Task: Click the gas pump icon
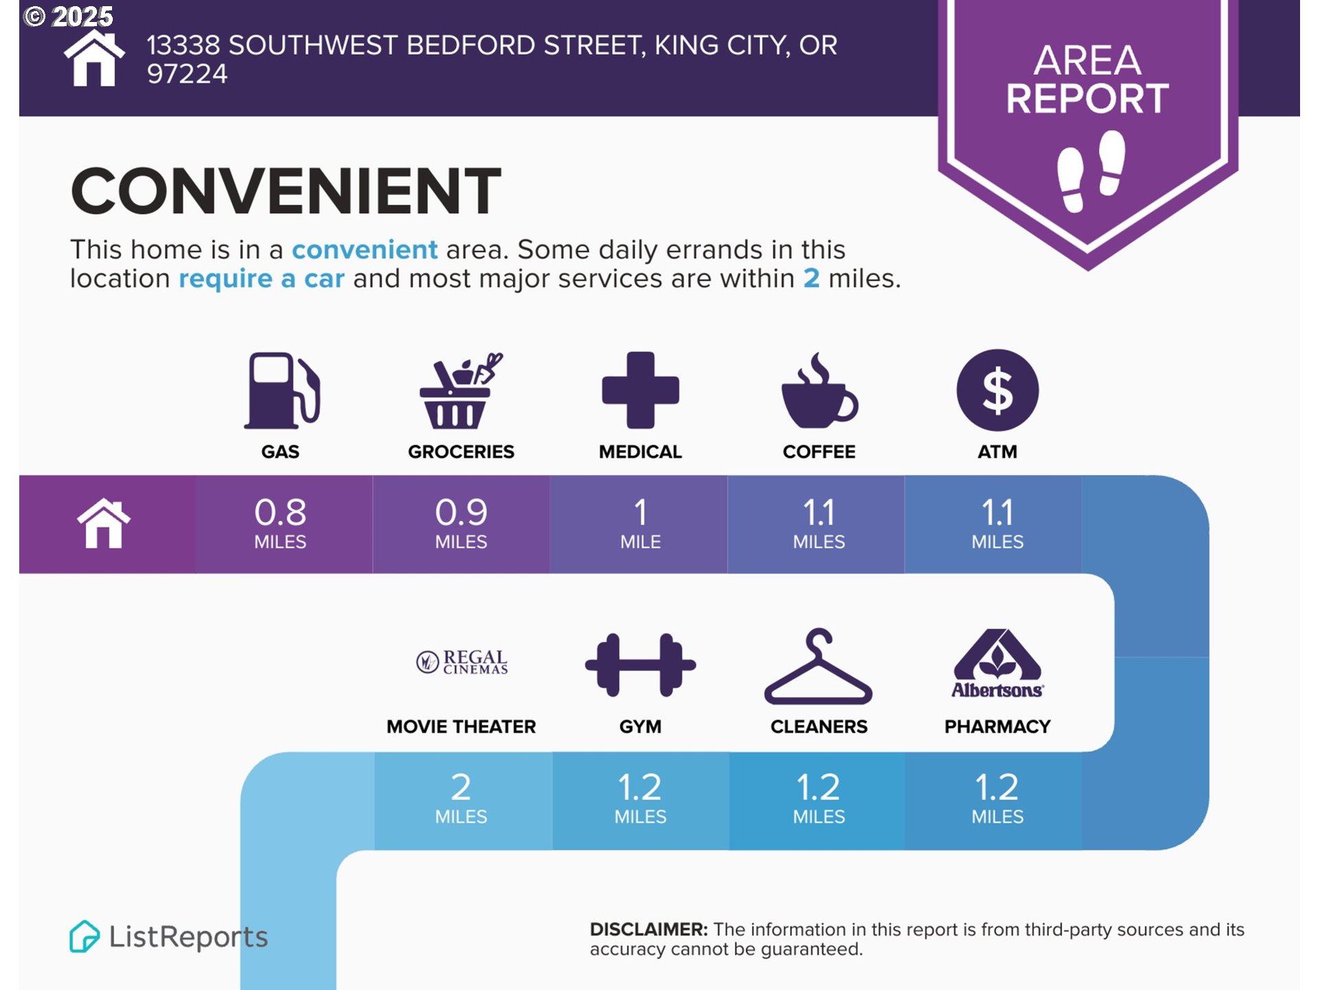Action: tap(282, 390)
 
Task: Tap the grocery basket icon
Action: tap(461, 390)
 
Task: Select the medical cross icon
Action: tap(640, 390)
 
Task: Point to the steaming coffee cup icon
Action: tap(819, 390)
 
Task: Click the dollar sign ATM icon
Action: tap(998, 390)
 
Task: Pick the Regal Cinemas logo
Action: tap(462, 662)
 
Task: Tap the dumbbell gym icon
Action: tap(640, 665)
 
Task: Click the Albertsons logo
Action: tap(998, 663)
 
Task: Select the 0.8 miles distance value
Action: tap(280, 523)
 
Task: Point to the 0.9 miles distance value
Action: tap(461, 523)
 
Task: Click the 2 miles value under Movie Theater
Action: tap(461, 798)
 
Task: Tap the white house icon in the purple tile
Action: tap(104, 523)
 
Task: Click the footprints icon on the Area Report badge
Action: tap(1090, 171)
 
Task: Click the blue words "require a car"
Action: tap(261, 279)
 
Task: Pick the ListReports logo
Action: tap(168, 936)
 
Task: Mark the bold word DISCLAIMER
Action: tap(648, 929)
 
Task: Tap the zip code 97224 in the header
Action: tap(187, 74)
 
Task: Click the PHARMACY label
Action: tap(998, 727)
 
